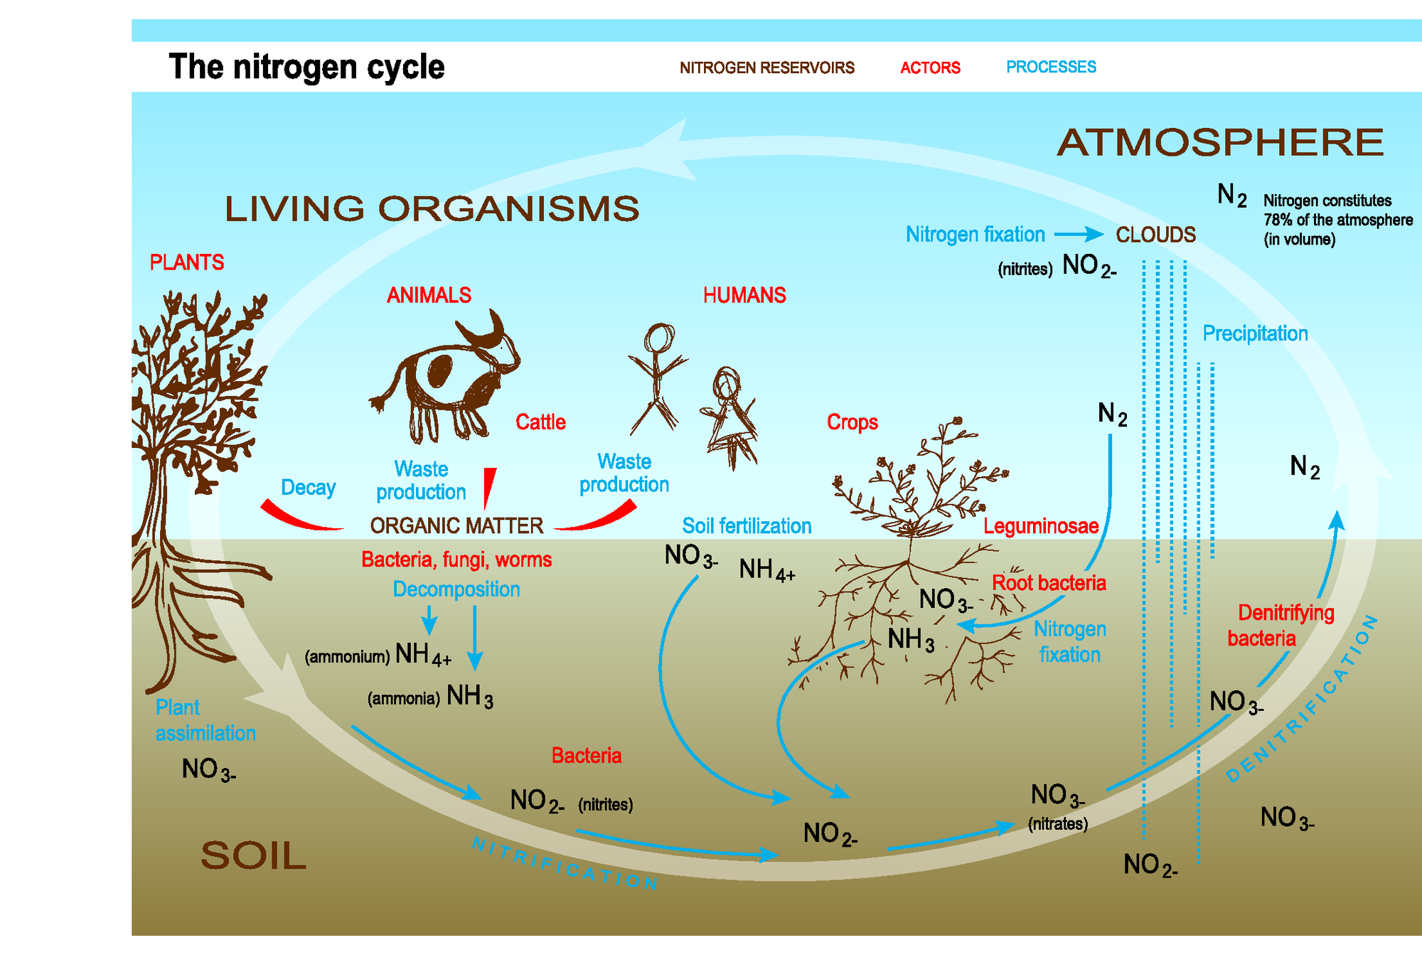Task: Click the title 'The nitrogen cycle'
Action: point(306,67)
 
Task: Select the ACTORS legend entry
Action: point(930,68)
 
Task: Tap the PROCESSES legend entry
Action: point(1051,67)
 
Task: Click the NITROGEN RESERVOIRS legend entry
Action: point(766,68)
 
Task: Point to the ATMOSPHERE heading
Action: point(1220,142)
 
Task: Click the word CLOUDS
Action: point(1155,235)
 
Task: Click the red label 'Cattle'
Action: point(540,422)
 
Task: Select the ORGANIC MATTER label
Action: point(456,525)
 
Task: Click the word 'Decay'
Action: point(308,487)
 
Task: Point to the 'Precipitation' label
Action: point(1255,333)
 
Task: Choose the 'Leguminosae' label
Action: point(1041,526)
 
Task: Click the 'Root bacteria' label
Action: point(1049,583)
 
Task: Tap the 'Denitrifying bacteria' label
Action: point(1280,625)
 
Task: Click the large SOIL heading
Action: point(253,855)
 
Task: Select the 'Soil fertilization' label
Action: point(747,526)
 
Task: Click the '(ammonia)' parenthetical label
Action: point(403,698)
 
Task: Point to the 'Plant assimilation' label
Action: point(205,720)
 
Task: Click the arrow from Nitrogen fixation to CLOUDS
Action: point(1078,234)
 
